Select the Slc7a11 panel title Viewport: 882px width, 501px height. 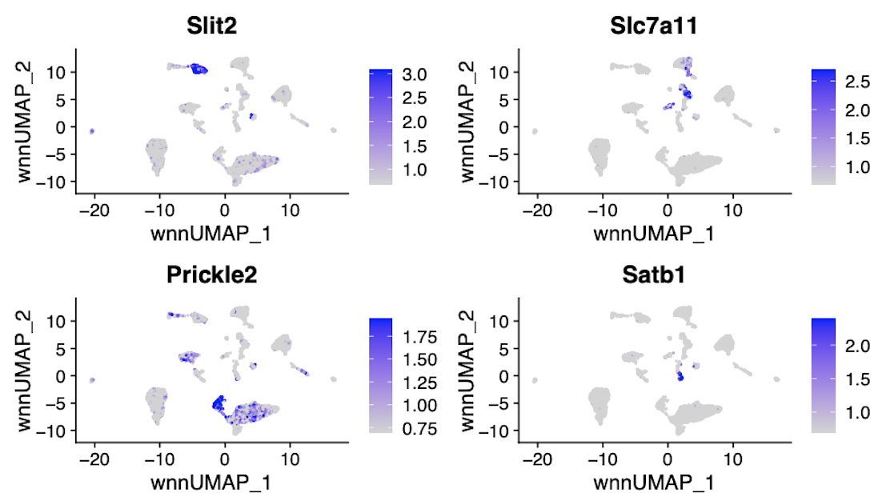click(x=653, y=26)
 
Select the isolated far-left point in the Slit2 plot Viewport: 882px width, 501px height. click(x=92, y=130)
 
